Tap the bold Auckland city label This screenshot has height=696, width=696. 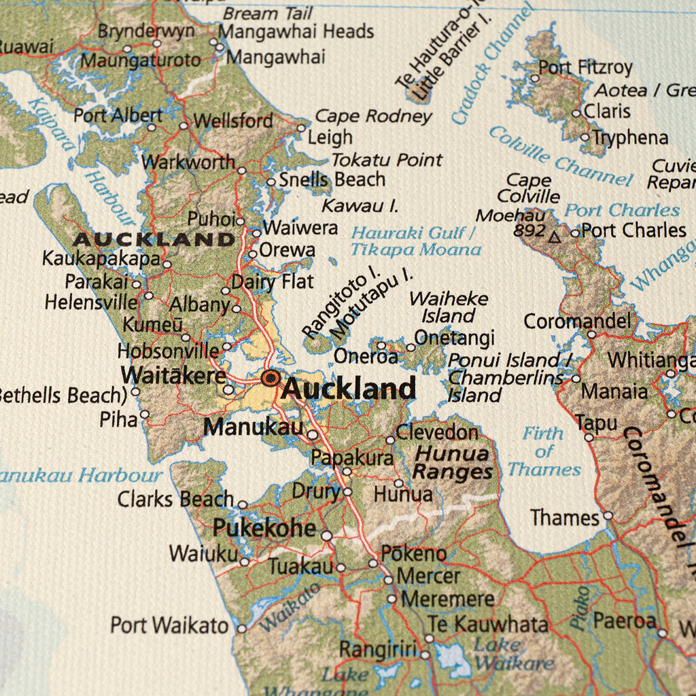coord(348,389)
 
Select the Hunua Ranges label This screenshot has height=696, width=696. coord(452,463)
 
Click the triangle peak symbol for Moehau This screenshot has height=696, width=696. coord(555,237)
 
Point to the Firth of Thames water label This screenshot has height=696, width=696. coord(544,451)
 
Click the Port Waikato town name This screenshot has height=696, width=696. coord(170,625)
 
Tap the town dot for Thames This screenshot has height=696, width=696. coord(608,516)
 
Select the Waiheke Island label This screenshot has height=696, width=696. coord(449,307)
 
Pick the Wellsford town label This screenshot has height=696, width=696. coord(233,122)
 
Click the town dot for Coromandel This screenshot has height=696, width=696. coord(591,334)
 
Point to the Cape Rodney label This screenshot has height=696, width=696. coord(373,116)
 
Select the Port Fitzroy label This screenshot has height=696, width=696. coord(585,68)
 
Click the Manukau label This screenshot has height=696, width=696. coord(253,427)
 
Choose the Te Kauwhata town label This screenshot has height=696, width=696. coord(487,623)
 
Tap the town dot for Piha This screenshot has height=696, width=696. coord(144,414)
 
